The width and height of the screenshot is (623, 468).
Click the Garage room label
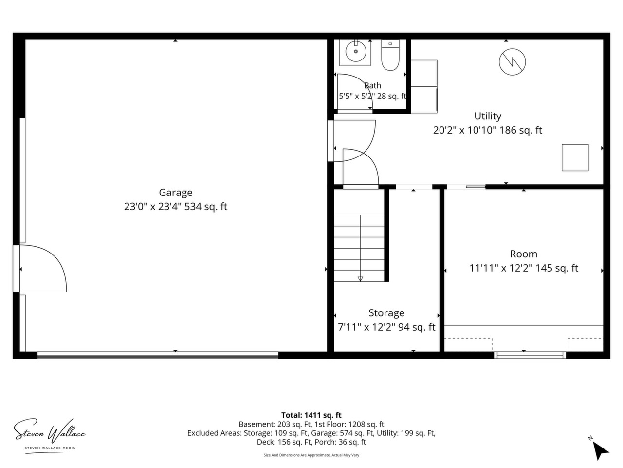(x=175, y=193)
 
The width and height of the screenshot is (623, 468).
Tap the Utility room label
(x=487, y=116)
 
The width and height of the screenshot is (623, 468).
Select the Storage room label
(x=386, y=313)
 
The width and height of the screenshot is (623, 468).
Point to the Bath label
(x=372, y=85)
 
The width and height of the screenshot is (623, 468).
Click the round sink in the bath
(x=355, y=52)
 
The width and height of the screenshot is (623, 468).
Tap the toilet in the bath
(x=390, y=55)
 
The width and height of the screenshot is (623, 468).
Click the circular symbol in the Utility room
(x=512, y=61)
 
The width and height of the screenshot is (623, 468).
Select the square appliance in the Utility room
(x=575, y=157)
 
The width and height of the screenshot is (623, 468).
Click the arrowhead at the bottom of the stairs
(x=360, y=279)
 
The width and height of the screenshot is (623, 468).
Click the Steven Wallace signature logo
(x=50, y=431)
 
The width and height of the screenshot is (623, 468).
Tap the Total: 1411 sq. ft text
(x=311, y=415)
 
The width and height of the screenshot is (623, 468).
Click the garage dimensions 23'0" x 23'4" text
(x=175, y=207)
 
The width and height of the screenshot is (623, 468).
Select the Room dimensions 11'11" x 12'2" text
(x=523, y=268)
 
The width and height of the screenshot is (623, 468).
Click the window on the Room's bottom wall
(x=530, y=355)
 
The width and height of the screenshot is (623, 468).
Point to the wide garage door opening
(x=158, y=355)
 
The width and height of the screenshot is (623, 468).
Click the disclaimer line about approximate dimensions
(x=311, y=455)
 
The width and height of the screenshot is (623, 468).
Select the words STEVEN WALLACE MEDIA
(x=50, y=448)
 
